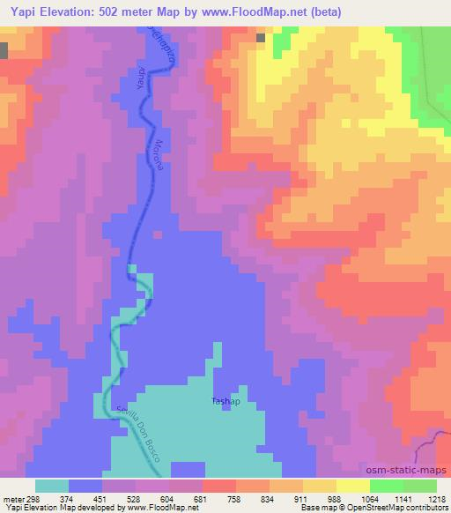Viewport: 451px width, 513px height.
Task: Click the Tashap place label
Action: click(x=226, y=401)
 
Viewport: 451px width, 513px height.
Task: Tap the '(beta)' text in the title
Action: click(x=320, y=11)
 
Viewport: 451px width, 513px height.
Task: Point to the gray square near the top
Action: click(x=261, y=38)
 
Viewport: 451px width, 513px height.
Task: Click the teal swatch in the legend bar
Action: click(x=52, y=486)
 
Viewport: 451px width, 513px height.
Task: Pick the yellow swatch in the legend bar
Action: click(x=353, y=486)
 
